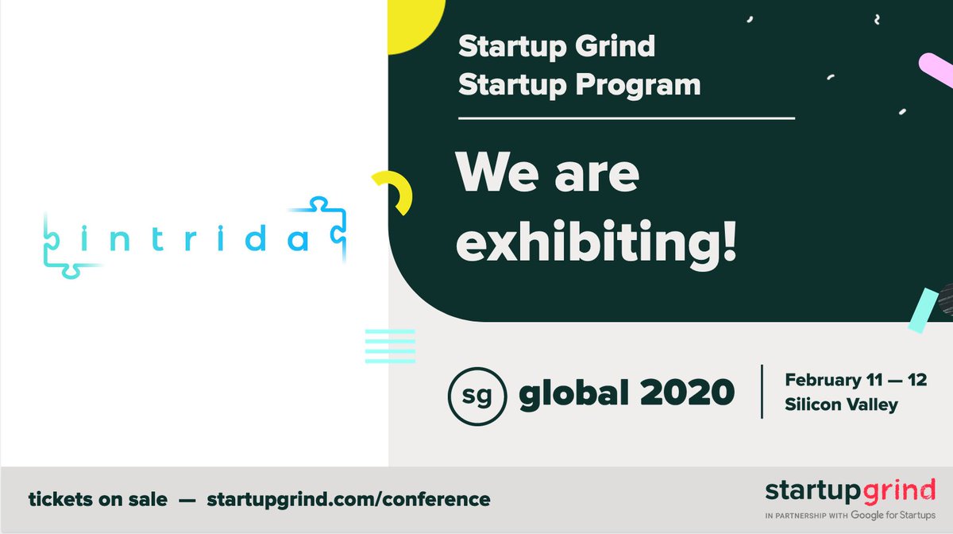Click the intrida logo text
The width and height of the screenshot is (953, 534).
pyautogui.click(x=194, y=237)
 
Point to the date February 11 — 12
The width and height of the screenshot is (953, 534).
pyautogui.click(x=855, y=380)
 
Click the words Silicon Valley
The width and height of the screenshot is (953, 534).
pyautogui.click(x=841, y=404)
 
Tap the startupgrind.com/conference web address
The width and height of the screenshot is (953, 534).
pyautogui.click(x=348, y=500)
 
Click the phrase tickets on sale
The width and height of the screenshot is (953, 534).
pyautogui.click(x=98, y=500)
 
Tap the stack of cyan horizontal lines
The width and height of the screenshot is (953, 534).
pyautogui.click(x=390, y=346)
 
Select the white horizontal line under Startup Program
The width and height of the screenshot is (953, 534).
pyautogui.click(x=627, y=118)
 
